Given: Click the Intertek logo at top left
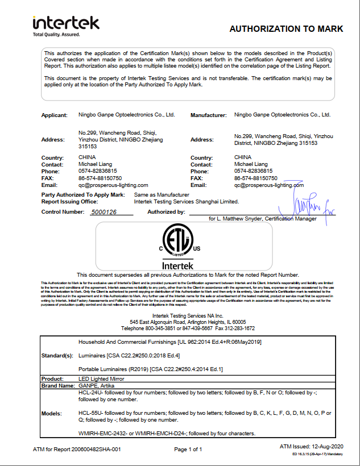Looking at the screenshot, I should tap(66, 24).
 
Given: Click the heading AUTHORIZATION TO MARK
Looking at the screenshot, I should tap(286, 28).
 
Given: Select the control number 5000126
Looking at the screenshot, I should tap(104, 212).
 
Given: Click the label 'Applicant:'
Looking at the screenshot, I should tap(55, 115).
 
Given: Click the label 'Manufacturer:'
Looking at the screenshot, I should tap(209, 115).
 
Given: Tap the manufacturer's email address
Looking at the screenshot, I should tap(269, 185).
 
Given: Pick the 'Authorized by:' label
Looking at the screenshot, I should tap(166, 212).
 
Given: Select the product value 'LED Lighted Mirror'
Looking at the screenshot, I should tap(101, 378).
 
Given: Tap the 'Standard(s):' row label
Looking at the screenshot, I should tap(57, 356).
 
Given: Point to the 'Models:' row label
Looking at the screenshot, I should tap(52, 413).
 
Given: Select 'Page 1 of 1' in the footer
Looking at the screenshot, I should tap(188, 450).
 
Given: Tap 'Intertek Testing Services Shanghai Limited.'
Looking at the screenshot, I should tap(187, 201).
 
